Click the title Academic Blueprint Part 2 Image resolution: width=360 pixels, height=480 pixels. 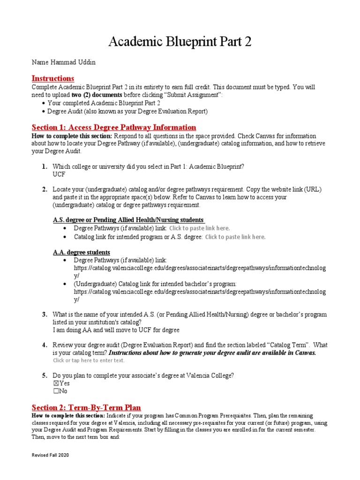tap(180, 42)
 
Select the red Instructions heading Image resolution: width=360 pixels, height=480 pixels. tap(52, 78)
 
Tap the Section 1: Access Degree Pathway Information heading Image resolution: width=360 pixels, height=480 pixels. tap(113, 127)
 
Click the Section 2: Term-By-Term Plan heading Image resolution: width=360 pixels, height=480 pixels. tap(86, 407)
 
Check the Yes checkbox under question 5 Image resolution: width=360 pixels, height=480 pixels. tap(56, 383)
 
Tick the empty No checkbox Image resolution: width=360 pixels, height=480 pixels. tap(56, 391)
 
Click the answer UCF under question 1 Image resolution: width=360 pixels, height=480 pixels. tap(59, 174)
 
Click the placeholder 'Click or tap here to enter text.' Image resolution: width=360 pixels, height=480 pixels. tap(89, 360)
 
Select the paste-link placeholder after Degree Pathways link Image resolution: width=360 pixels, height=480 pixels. tap(199, 228)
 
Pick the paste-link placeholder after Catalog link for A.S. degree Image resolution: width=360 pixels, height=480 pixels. tap(235, 237)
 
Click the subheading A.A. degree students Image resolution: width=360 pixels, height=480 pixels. tap(81, 252)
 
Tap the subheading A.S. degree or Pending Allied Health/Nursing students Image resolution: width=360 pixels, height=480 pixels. tap(128, 220)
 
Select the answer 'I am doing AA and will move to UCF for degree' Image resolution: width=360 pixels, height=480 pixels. tap(116, 330)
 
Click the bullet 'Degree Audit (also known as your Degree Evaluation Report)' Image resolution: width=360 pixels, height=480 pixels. tap(127, 112)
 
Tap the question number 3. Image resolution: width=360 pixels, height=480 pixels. tap(44, 314)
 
